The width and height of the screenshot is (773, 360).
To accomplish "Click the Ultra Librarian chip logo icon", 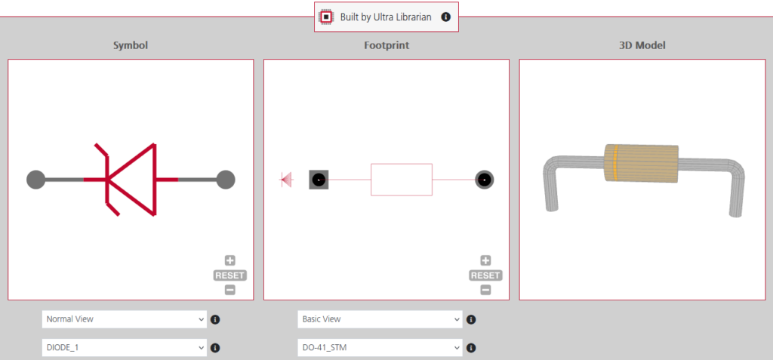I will coord(326,17).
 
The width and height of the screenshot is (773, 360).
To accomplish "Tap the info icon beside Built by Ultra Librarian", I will coord(445,17).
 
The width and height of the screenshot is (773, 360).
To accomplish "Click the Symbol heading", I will coord(131,45).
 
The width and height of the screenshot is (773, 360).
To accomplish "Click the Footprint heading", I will coord(386,45).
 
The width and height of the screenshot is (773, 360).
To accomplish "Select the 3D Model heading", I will coord(642,45).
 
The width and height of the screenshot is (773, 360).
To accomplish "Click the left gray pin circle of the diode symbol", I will coord(35,180).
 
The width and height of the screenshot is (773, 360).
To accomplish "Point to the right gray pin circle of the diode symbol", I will coord(225,180).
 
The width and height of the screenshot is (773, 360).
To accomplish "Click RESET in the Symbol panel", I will coord(229,275).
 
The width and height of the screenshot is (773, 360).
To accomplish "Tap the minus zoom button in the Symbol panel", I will coord(229,290).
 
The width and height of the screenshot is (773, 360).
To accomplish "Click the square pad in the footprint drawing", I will coord(319,180).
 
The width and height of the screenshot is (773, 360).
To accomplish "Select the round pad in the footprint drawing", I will coord(485,180).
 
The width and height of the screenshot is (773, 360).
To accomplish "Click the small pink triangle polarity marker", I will coord(286,180).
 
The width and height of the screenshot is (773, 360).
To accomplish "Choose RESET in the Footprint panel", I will coord(485,275).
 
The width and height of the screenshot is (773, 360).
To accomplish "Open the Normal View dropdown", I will coord(124,319).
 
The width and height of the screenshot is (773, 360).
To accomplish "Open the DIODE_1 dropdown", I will coord(124,348).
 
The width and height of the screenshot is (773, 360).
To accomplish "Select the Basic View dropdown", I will coord(380,319).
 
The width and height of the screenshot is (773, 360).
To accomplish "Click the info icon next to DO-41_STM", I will coord(471,348).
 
